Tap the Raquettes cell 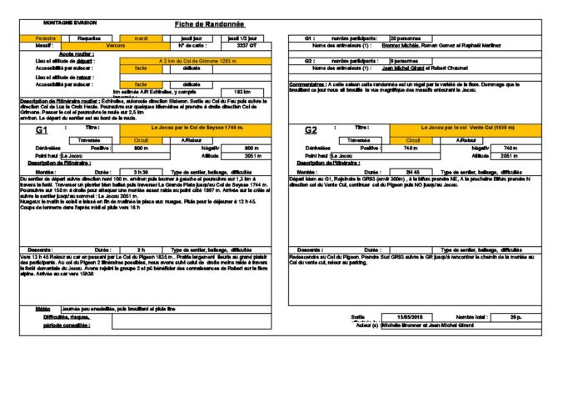90,38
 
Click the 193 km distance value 242,92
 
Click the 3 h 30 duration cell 142,171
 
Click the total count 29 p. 516,317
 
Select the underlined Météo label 42,308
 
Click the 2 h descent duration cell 142,249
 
